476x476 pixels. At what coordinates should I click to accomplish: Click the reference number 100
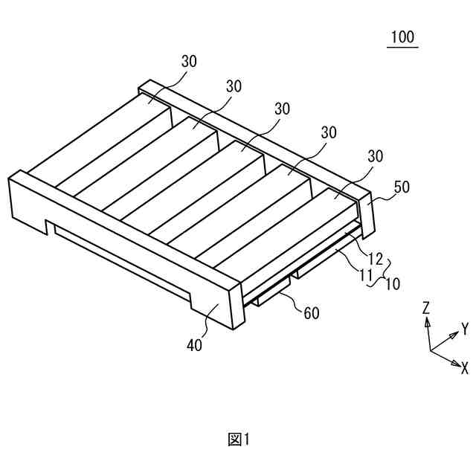[402, 36]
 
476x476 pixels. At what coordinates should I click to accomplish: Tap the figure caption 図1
[238, 440]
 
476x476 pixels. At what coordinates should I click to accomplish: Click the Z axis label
[426, 307]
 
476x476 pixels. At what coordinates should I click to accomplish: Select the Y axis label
[464, 328]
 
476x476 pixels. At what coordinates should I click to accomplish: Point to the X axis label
[464, 367]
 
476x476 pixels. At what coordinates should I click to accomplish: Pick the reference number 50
[401, 188]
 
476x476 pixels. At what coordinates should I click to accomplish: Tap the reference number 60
[311, 312]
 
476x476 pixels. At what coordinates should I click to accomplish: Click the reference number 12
[376, 259]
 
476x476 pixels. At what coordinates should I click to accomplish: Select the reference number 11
[367, 274]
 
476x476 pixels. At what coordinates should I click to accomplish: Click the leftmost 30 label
[189, 62]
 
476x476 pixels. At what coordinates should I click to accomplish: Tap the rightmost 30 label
[376, 158]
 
